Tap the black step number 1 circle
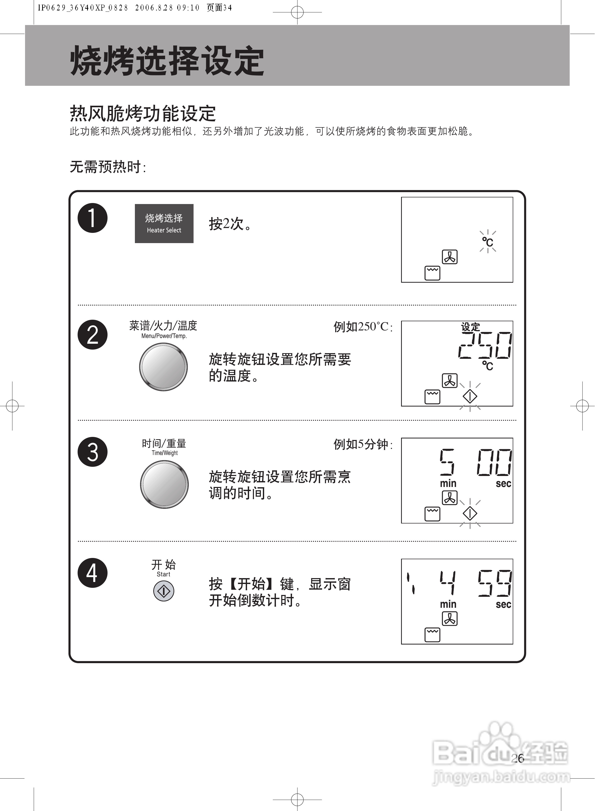(92, 218)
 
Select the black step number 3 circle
(92, 452)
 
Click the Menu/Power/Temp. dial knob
(163, 367)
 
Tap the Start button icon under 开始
(163, 591)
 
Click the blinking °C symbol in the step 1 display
(487, 242)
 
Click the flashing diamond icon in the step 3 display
(470, 513)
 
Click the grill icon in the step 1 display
(432, 273)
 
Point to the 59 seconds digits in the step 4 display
(494, 583)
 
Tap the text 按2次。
(230, 224)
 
